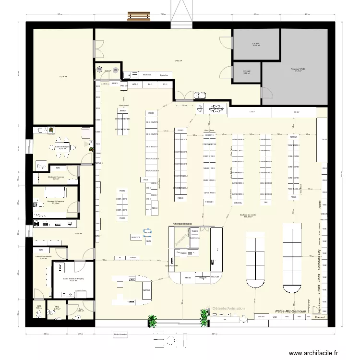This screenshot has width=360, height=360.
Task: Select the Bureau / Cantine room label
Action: click(56, 201)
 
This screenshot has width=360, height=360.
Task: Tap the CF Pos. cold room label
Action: click(256, 44)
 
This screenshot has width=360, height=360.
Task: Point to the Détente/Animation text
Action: click(228, 309)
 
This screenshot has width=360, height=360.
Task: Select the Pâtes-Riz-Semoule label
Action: click(290, 311)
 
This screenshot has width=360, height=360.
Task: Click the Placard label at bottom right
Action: click(319, 317)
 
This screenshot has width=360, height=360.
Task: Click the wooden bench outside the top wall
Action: click(139, 16)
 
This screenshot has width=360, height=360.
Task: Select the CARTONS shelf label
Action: click(146, 290)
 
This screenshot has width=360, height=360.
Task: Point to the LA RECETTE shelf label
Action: click(136, 237)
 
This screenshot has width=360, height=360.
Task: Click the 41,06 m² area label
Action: click(62, 76)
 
